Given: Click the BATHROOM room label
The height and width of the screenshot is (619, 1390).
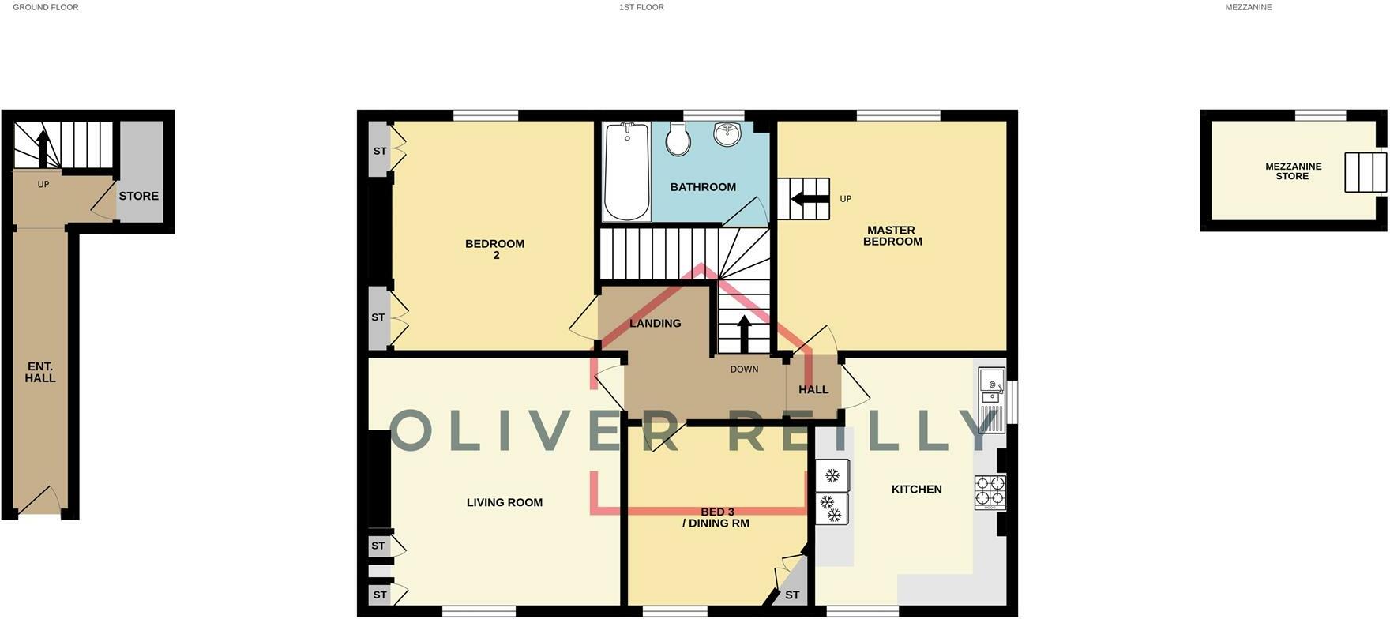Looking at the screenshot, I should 702,187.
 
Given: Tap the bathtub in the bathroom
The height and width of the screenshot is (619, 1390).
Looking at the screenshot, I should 626,171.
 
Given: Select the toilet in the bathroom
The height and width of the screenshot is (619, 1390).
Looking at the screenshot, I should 678,139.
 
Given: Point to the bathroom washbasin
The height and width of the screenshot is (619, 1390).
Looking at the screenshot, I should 727,133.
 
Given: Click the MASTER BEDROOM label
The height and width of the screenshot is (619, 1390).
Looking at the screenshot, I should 892,236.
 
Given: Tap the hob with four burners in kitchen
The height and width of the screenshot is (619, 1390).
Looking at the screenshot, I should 990,491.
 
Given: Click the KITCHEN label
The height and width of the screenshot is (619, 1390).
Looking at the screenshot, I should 916,490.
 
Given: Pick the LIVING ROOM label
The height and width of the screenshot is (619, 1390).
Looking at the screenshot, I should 504,502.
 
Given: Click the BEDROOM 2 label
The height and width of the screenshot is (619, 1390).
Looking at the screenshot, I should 494,249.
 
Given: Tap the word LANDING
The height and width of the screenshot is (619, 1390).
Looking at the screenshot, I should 655,323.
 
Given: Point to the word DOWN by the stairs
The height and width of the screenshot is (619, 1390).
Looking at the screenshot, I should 744,370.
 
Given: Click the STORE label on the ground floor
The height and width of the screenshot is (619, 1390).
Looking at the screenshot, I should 139,196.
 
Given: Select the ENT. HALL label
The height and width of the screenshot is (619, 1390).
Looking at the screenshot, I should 40,373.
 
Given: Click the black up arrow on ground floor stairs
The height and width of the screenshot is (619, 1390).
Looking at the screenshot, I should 43,148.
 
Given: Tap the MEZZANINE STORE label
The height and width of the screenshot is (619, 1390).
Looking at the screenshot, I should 1293,171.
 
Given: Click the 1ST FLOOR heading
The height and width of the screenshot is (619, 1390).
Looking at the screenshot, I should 641,7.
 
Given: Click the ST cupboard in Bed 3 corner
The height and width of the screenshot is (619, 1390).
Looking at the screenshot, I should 792,595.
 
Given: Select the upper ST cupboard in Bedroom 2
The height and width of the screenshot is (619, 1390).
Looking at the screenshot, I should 380,151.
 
